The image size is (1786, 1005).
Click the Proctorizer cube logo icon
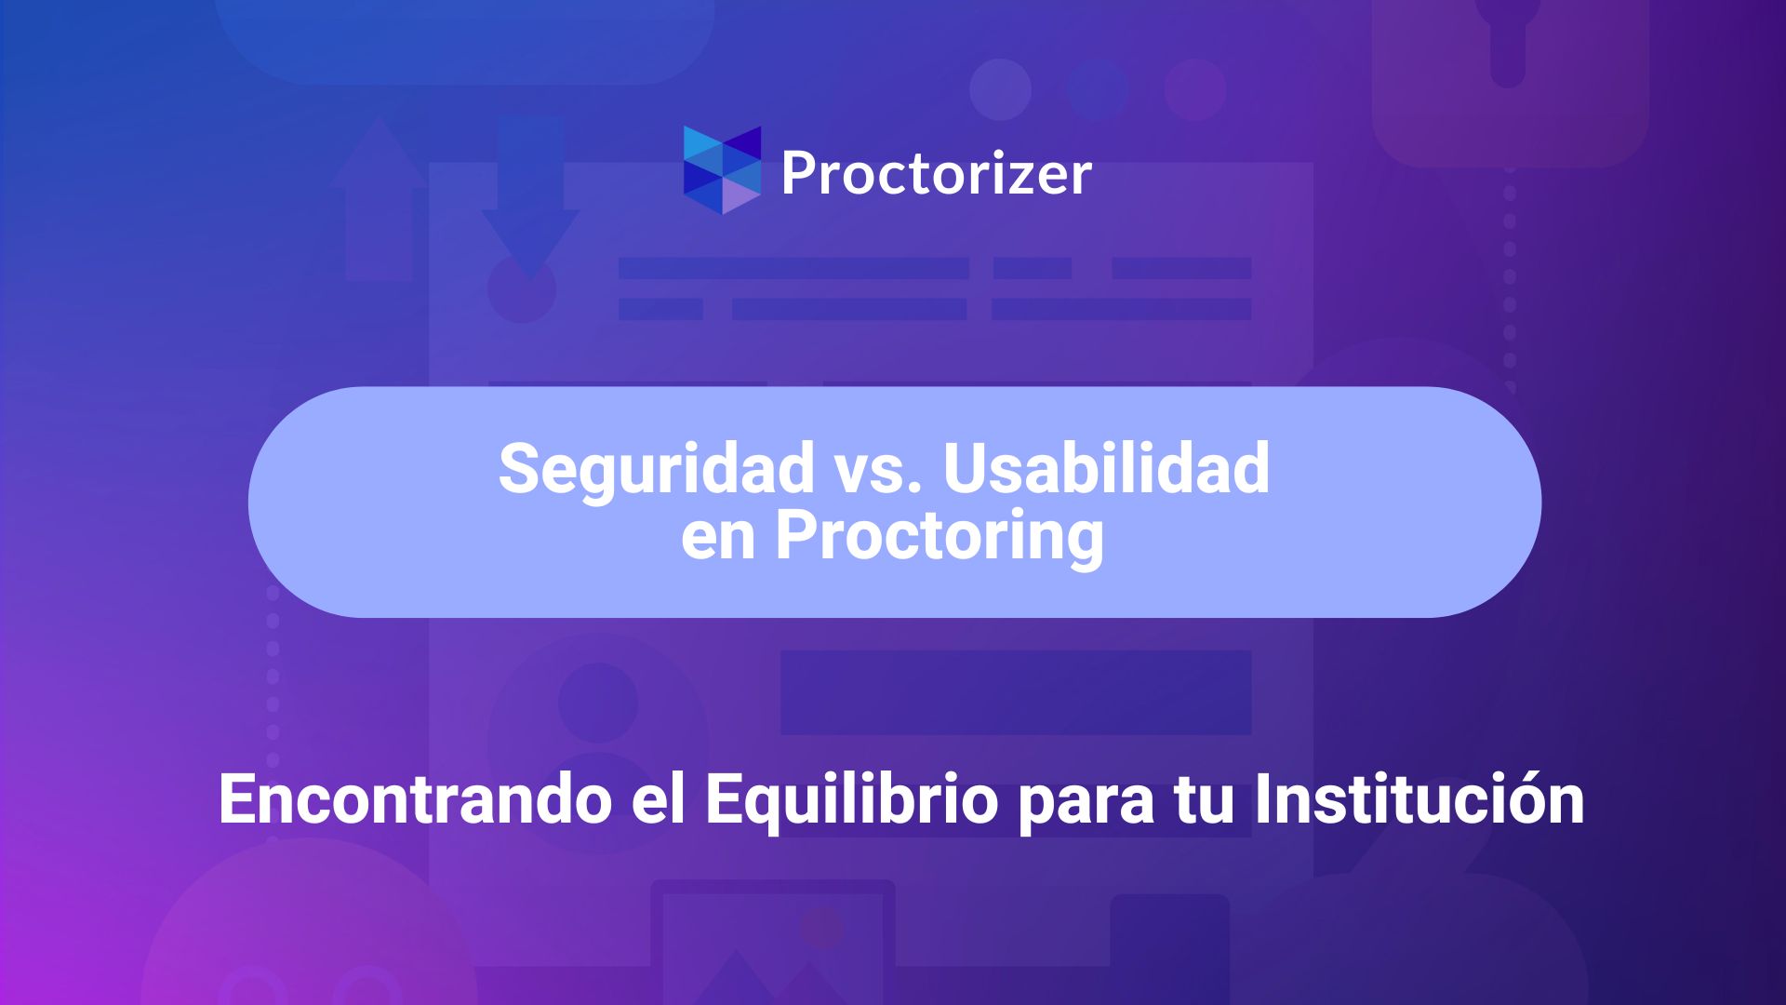(723, 170)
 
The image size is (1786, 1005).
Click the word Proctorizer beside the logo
(937, 174)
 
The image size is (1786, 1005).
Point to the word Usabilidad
(1106, 467)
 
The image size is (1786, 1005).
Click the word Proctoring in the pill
(940, 537)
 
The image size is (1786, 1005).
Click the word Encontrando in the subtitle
(415, 799)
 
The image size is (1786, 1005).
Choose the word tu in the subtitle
(1203, 801)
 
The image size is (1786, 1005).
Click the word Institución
(1419, 798)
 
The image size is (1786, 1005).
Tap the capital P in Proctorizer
(799, 173)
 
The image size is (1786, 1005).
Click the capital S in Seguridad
(520, 468)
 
